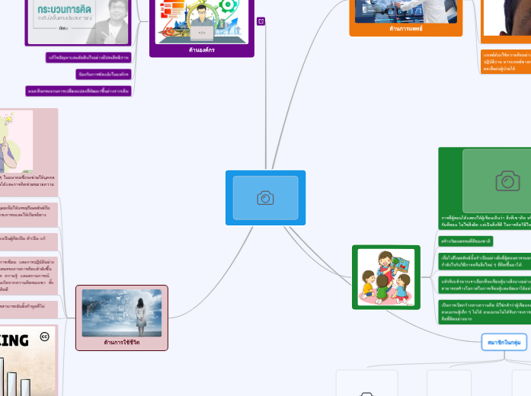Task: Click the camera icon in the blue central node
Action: pos(265,198)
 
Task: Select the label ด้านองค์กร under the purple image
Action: pos(201,49)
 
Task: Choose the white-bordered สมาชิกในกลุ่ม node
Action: pos(504,343)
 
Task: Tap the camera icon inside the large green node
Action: pos(507,180)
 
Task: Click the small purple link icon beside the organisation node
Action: pos(261,21)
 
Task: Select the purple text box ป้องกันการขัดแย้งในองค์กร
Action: pos(104,74)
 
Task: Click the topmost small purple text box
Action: pos(88,57)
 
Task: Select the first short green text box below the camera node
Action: pos(466,241)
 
